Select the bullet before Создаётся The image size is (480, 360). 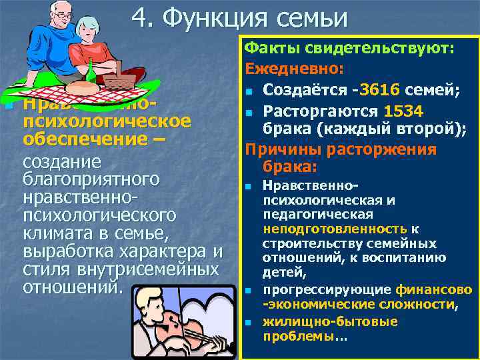tap(249, 91)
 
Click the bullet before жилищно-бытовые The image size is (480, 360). tap(249, 323)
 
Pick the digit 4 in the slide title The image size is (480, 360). tap(139, 18)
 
